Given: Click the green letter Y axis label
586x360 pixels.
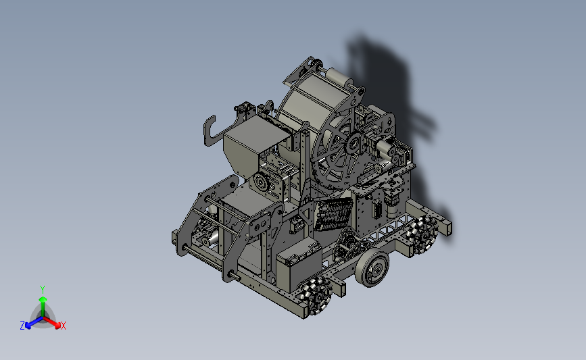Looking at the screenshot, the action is [43, 290].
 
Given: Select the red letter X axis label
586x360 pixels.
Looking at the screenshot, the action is [63, 326].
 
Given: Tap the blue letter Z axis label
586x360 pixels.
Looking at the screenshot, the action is [22, 326].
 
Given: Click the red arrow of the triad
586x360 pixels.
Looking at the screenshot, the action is [52, 322].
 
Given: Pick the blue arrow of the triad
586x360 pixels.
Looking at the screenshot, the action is [34, 322].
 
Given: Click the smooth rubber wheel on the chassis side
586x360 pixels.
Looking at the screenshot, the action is [372, 267].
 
